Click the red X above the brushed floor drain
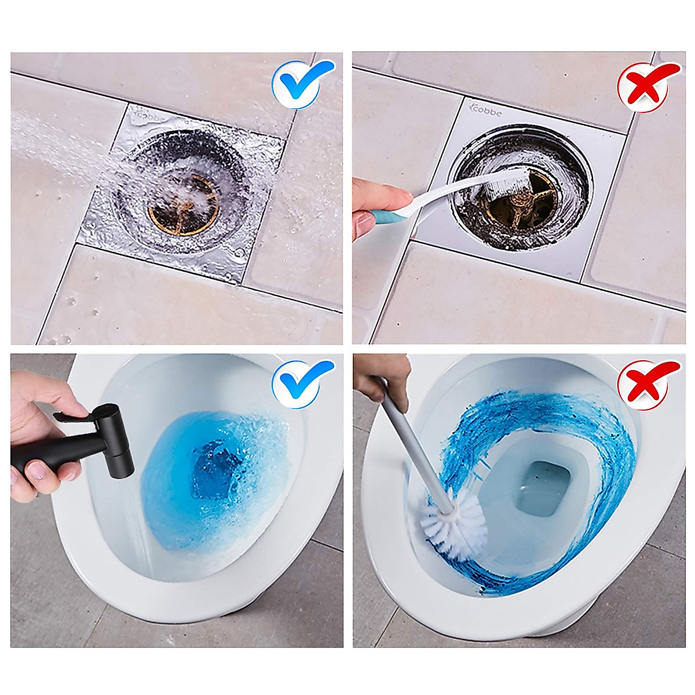648,87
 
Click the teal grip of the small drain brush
382,217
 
